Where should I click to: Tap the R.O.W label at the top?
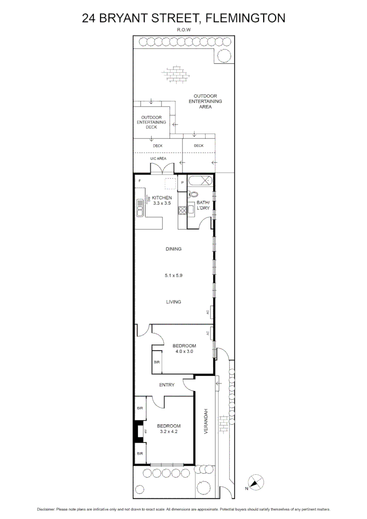click(x=183, y=30)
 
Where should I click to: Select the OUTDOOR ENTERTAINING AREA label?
click(x=205, y=101)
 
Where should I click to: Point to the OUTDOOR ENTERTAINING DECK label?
click(x=151, y=122)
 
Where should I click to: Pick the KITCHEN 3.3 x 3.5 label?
click(x=162, y=200)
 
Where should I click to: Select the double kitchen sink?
click(x=139, y=209)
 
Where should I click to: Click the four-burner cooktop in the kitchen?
click(x=183, y=210)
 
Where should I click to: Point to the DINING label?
click(x=173, y=249)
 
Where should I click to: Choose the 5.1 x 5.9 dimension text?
click(x=173, y=276)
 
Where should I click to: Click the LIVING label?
click(x=173, y=302)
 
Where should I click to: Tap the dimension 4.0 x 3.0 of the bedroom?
click(x=184, y=351)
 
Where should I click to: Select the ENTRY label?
click(x=167, y=384)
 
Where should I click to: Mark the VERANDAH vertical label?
click(x=206, y=422)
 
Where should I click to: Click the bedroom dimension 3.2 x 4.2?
click(x=169, y=432)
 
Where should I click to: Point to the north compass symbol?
click(x=256, y=482)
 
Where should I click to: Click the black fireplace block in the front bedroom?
click(x=138, y=431)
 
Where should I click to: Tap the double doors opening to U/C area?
click(x=162, y=169)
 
